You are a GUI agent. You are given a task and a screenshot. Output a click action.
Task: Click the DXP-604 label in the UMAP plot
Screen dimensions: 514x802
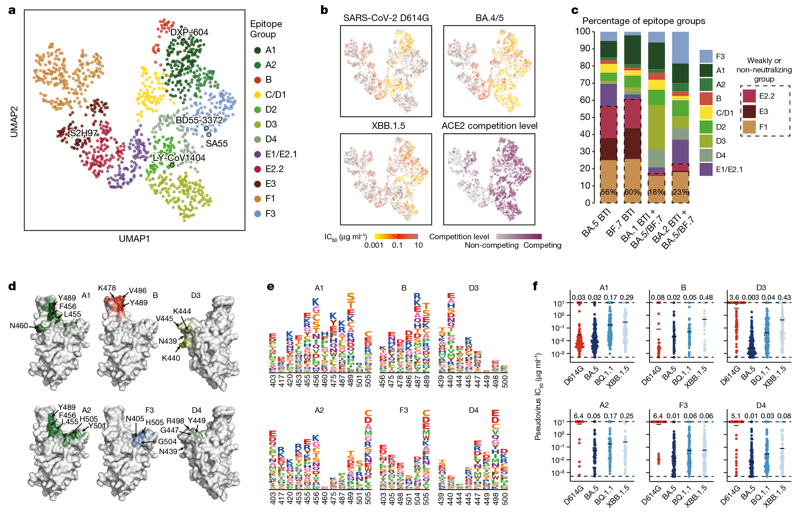(189, 32)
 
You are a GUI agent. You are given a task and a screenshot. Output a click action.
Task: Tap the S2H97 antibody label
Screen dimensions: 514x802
(84, 133)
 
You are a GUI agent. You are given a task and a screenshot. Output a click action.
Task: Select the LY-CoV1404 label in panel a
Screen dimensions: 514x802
(179, 158)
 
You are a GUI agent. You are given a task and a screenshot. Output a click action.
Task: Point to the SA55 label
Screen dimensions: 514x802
(216, 144)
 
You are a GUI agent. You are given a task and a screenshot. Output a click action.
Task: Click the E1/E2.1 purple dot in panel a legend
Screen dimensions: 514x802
(257, 154)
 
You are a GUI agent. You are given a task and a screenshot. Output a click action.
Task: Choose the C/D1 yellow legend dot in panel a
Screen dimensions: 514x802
(257, 95)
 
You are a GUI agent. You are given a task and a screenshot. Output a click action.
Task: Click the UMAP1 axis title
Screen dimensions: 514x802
(134, 239)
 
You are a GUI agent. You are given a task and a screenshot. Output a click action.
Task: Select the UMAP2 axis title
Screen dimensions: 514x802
(14, 122)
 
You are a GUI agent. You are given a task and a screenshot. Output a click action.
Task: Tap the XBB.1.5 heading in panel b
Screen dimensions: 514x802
(388, 126)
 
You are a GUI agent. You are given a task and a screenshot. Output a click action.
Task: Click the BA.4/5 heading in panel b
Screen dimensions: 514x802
(489, 18)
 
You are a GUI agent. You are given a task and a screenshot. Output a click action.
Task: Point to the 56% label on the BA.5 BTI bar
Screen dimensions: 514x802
(608, 192)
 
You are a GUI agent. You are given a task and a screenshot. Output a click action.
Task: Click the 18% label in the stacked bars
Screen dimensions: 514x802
(656, 192)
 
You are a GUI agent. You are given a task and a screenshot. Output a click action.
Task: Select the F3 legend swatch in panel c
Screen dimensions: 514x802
(706, 56)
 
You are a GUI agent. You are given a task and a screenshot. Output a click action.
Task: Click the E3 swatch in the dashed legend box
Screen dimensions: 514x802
(749, 112)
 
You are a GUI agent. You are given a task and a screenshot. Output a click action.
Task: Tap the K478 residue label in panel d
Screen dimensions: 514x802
(107, 288)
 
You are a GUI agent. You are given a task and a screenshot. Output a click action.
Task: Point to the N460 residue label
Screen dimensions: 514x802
(19, 326)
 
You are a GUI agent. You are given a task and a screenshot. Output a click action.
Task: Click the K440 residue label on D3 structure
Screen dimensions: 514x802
(171, 358)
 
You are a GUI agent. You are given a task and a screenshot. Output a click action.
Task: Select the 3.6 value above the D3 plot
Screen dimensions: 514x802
(733, 298)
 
